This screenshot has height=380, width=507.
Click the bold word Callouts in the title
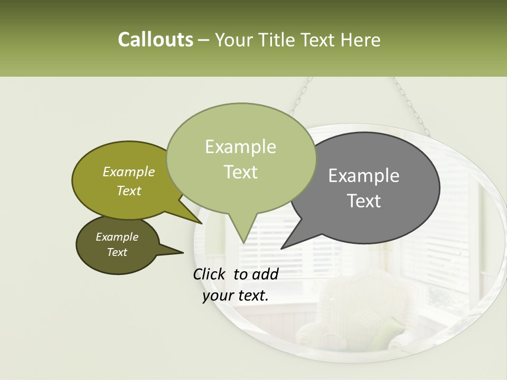tap(155, 40)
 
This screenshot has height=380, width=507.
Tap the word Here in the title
tap(361, 40)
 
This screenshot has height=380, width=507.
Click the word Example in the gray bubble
tap(364, 176)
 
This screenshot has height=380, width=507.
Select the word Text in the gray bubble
tap(364, 201)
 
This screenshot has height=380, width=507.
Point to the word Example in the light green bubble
tap(240, 147)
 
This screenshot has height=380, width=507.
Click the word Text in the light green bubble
tap(240, 172)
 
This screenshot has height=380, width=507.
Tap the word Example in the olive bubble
tap(129, 172)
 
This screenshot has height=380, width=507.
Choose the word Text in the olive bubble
tap(129, 191)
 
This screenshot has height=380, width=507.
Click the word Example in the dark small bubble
tap(117, 237)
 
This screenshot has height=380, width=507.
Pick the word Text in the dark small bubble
tap(117, 252)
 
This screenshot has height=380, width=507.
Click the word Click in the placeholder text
tap(210, 274)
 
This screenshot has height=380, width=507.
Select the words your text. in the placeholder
tap(236, 296)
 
